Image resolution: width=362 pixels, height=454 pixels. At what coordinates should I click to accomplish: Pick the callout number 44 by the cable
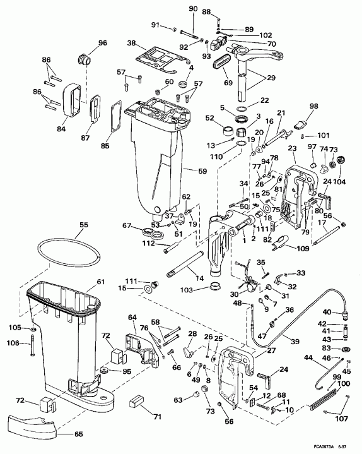tap(308, 358)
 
